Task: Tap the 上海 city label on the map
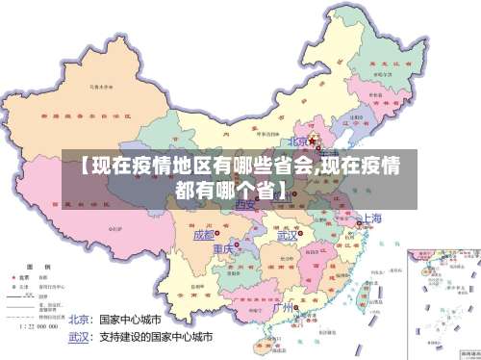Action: [373, 219]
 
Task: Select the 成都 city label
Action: [204, 235]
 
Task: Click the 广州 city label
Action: [283, 308]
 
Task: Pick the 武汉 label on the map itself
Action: [287, 235]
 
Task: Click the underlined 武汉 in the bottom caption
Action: [79, 338]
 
